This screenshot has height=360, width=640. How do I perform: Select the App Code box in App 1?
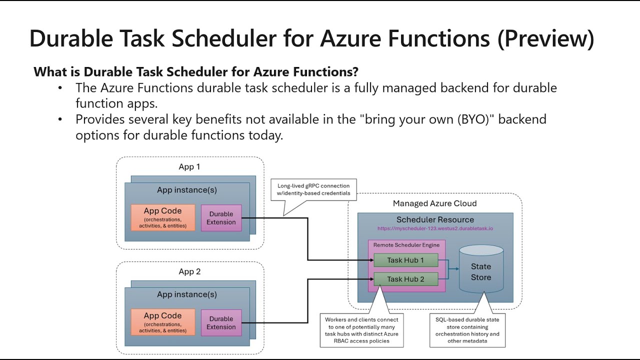(162, 217)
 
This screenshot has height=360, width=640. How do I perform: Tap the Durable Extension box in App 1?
(221, 218)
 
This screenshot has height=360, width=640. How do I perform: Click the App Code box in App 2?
(162, 322)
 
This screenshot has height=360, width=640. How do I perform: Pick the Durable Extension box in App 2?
(221, 323)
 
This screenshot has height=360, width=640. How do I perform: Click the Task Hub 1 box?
(405, 260)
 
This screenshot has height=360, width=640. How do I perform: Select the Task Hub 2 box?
(405, 279)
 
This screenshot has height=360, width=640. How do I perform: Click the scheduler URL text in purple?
(435, 228)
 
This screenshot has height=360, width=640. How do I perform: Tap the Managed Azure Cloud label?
(434, 203)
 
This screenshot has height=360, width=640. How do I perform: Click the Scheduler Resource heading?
(435, 219)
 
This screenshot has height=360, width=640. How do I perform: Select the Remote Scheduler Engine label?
(406, 245)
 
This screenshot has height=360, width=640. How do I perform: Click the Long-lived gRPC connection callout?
(313, 190)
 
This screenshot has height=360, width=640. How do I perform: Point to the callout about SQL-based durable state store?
(467, 330)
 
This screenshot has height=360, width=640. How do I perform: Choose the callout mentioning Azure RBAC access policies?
(361, 330)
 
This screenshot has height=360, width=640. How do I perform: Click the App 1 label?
(189, 167)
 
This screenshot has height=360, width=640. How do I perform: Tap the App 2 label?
(189, 272)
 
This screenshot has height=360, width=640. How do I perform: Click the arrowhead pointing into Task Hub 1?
(370, 260)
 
